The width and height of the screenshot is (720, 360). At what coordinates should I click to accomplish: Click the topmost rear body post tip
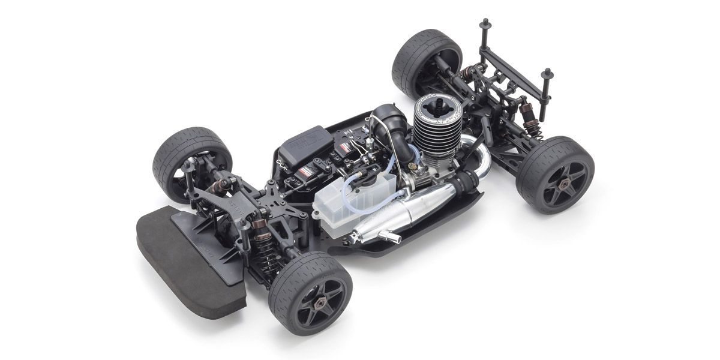coord(484,23)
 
